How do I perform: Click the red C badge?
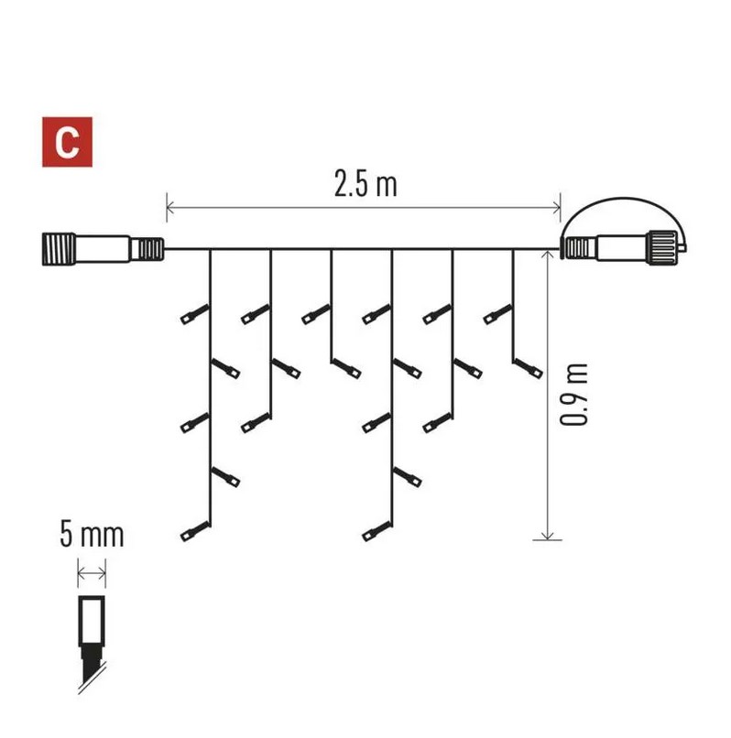point(68,141)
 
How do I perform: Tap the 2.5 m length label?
point(365,184)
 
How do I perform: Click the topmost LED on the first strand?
point(191,316)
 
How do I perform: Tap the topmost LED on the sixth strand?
point(494,316)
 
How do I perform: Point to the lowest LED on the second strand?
point(252,424)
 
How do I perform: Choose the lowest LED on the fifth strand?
point(433,424)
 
